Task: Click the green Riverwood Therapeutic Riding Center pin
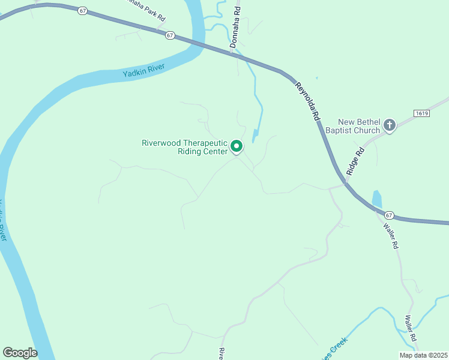pos(237,146)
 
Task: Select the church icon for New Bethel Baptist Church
pos(390,125)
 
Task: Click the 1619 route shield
pos(422,113)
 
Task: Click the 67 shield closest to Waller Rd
pos(389,215)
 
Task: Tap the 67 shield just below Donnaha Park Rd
pos(170,35)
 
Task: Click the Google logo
pos(20,353)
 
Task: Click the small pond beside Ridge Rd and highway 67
pos(377,199)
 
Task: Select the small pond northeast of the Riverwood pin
pos(255,136)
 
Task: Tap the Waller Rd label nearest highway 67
pos(391,235)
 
